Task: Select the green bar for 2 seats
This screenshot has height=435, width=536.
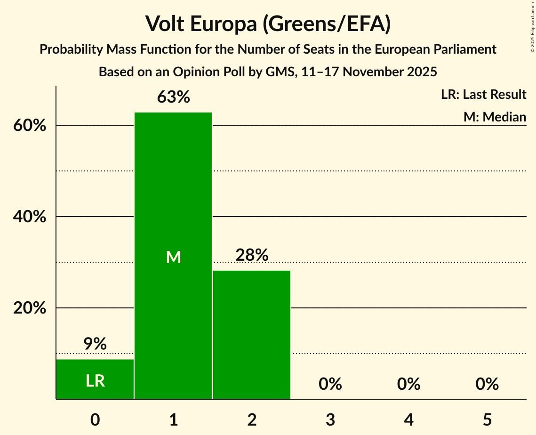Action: pos(252,334)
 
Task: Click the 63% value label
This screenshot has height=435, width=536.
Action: pos(173,97)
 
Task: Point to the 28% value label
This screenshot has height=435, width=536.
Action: pos(252,255)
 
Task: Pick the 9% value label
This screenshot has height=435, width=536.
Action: pos(95,344)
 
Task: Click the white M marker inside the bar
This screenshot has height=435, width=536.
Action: pos(173,257)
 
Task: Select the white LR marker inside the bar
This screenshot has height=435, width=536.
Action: pos(95,381)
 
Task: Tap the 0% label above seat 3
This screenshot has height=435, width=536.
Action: pos(330,384)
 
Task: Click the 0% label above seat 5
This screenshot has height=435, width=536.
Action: pos(487,384)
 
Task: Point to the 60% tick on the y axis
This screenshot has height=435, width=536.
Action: pos(32,126)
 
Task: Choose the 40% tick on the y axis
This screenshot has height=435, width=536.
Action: pos(32,217)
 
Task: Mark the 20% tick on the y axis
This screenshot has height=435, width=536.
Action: pos(32,308)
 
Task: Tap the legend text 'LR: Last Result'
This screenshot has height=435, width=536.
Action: pos(483,95)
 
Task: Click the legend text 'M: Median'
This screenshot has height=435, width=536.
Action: pos(495,117)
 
